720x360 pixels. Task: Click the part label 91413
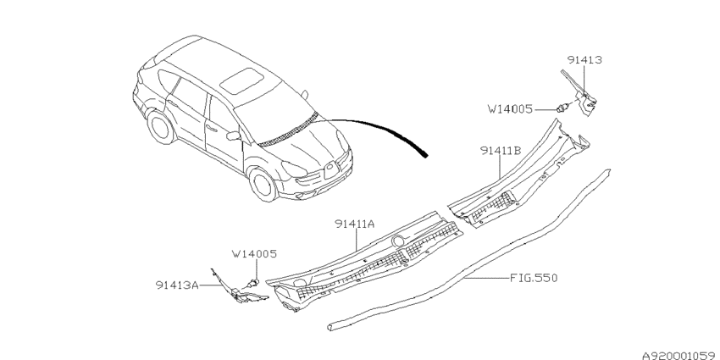584,60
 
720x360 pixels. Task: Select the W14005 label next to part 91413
510,109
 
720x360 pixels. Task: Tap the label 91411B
501,150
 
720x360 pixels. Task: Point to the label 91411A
354,224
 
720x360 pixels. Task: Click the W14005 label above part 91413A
254,254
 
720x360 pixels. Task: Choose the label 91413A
177,285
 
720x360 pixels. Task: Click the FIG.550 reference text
534,278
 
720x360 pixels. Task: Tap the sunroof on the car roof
242,80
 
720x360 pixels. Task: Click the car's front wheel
263,185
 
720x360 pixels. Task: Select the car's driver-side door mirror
234,136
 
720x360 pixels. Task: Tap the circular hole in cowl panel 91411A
397,241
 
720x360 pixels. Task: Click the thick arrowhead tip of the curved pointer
427,157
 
